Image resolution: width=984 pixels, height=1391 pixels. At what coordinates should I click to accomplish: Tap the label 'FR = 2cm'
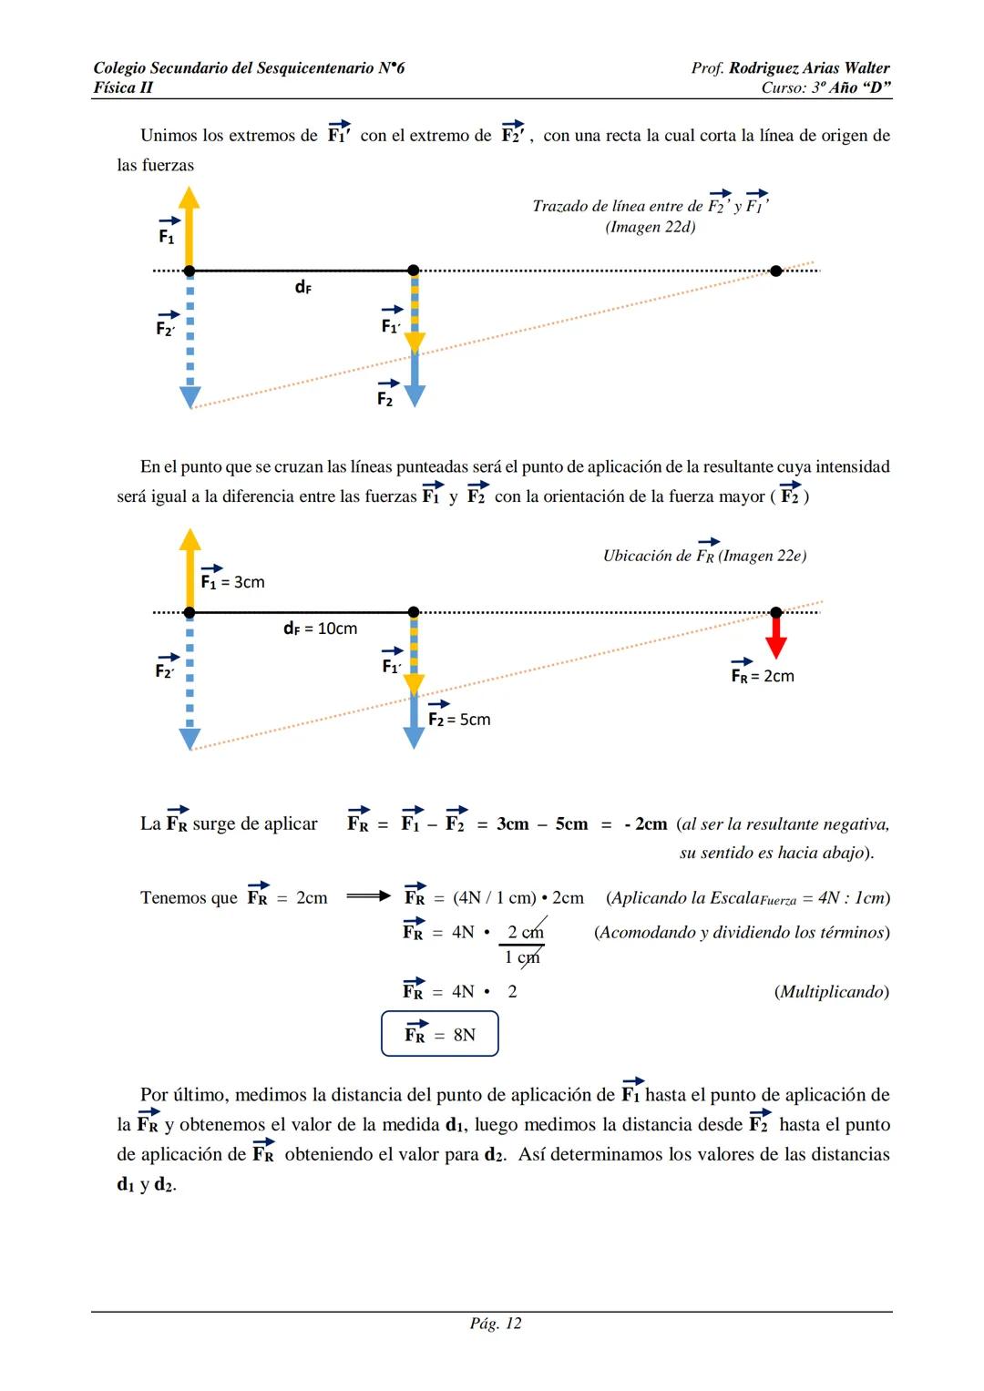click(763, 675)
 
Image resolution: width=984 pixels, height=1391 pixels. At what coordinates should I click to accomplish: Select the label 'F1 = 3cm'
click(232, 581)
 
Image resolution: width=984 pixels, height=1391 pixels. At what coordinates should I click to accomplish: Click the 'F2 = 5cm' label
click(459, 719)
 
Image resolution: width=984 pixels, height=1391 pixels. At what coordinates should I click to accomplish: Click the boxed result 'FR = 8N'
click(440, 1034)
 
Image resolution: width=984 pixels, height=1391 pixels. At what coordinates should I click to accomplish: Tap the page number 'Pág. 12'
click(496, 1324)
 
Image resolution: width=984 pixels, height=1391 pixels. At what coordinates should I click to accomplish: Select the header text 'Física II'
click(123, 87)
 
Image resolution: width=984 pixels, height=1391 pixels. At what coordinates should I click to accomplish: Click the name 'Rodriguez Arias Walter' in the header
click(809, 68)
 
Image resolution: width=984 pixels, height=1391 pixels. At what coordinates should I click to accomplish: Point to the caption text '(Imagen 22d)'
click(651, 227)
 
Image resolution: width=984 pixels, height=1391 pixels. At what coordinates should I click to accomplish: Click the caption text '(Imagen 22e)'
click(762, 556)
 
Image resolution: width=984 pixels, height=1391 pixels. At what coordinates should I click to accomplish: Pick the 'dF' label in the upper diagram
click(302, 287)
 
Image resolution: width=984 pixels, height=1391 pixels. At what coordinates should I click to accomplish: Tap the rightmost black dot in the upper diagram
click(775, 271)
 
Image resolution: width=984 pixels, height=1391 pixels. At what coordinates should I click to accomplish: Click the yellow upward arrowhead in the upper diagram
click(189, 198)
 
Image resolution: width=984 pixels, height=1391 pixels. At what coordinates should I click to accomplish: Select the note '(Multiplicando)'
click(831, 991)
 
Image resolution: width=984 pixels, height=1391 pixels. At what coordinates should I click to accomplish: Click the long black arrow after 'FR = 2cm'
click(368, 896)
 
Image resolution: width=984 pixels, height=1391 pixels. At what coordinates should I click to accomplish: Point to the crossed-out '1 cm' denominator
click(522, 956)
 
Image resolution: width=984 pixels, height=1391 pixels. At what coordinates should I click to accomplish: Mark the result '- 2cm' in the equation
click(645, 823)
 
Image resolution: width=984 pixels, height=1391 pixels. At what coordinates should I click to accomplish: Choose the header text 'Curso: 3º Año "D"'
click(825, 87)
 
